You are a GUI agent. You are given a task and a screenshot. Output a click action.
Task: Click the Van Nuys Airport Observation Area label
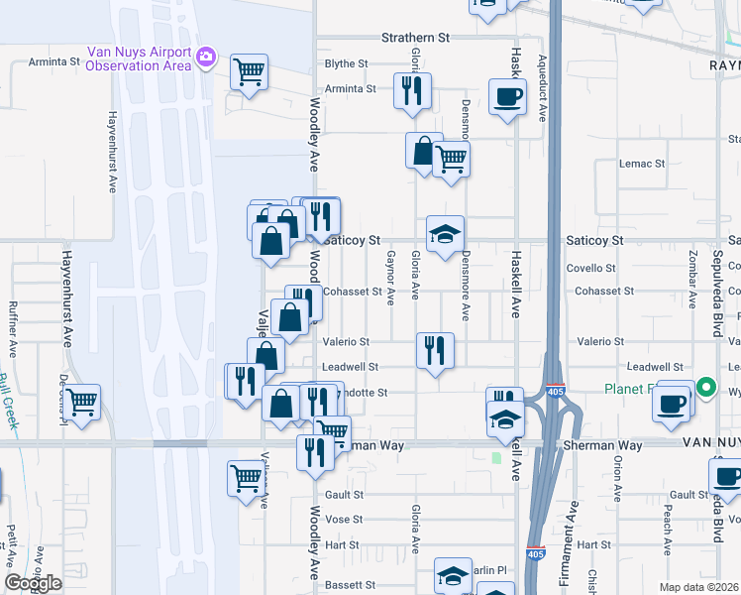(x=139, y=59)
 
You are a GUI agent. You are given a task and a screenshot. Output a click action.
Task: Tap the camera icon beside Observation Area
(x=205, y=57)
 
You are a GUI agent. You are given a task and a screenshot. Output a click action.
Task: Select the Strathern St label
(x=416, y=38)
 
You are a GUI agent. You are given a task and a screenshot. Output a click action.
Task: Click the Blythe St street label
(x=347, y=63)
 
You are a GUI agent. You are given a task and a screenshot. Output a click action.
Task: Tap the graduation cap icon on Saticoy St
(x=445, y=235)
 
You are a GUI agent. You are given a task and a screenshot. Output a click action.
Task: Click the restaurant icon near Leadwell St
(x=435, y=350)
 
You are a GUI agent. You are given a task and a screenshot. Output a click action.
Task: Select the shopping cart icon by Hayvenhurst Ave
(x=81, y=402)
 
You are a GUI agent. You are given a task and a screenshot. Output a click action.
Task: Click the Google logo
(x=34, y=582)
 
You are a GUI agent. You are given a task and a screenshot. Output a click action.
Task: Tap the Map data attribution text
(x=699, y=587)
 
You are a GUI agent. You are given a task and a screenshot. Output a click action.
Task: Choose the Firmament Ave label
(x=572, y=525)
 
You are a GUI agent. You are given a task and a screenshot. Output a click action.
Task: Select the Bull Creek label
(x=9, y=401)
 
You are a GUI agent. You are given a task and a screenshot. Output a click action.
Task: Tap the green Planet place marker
(x=705, y=389)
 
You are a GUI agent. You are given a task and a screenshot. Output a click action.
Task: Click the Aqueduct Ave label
(x=542, y=88)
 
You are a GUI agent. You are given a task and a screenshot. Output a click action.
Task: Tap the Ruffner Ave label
(x=13, y=329)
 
